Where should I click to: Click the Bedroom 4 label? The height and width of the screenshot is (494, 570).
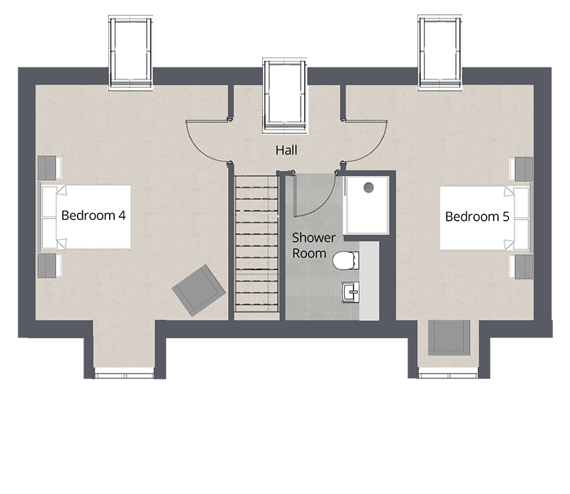coord(93,216)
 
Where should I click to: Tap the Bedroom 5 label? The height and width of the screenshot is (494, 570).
coord(477,216)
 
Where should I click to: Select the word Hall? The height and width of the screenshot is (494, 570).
coord(286,151)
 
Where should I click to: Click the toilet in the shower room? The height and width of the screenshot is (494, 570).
coord(345,261)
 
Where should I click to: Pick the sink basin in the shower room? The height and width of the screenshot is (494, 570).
coord(350,292)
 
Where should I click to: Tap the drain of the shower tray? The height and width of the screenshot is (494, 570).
coord(368,188)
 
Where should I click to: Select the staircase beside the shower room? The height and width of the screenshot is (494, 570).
coord(256,243)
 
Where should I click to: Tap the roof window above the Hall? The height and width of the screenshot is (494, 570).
coord(285,96)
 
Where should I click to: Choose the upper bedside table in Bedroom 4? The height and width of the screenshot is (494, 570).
coord(47,168)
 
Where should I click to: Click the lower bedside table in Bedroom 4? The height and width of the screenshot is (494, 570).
coord(47,266)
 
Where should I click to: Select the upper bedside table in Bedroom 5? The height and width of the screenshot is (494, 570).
coord(523,169)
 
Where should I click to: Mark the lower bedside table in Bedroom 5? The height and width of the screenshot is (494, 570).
coord(523,266)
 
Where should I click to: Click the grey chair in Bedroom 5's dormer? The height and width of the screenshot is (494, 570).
coord(448,337)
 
